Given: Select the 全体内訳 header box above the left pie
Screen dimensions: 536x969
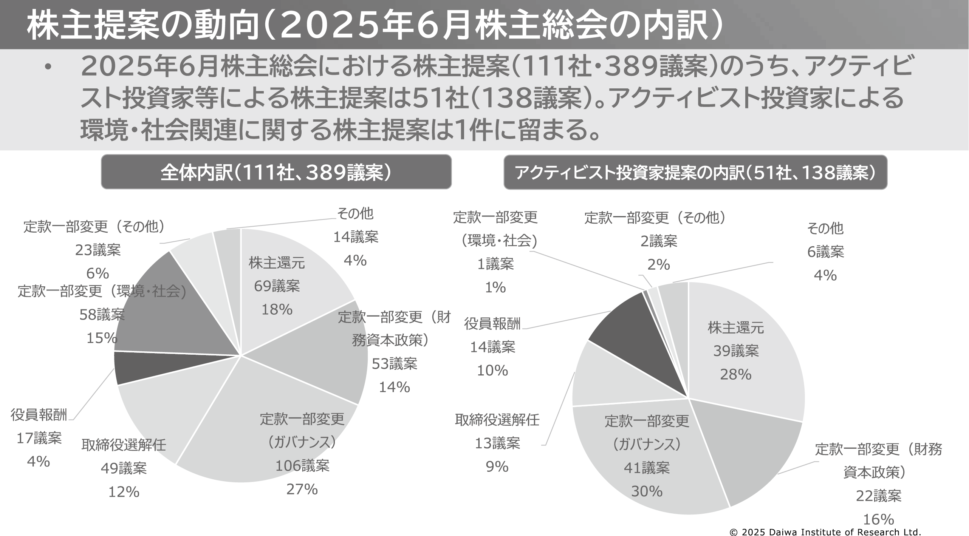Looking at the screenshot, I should point(276,172).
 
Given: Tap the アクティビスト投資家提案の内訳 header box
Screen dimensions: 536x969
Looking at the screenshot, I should point(695,173).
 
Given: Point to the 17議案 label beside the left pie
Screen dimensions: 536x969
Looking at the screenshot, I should point(39,438).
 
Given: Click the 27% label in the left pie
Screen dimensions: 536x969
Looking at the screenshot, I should point(302,490).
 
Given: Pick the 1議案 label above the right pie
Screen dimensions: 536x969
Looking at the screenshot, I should point(495,264).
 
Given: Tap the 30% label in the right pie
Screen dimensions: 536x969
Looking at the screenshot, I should point(647,491).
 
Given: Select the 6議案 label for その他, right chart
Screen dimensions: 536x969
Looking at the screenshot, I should point(825,252).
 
